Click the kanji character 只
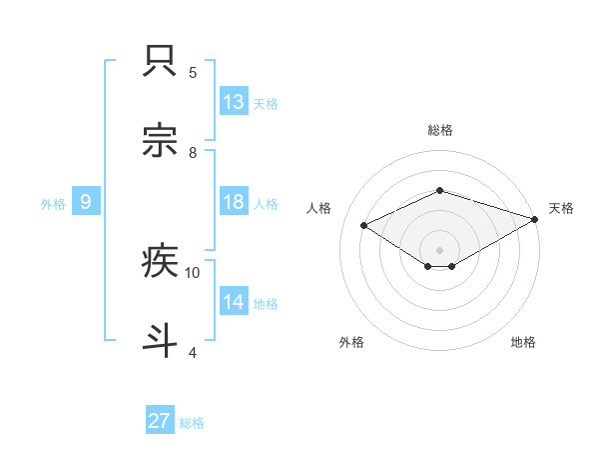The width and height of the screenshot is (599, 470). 161,62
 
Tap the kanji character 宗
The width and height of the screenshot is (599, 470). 161,142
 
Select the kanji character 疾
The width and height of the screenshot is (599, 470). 161,262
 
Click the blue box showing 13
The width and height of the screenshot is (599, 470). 234,102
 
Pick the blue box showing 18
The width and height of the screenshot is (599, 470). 234,202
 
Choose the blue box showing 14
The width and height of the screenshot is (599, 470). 234,302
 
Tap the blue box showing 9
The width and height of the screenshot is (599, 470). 86,202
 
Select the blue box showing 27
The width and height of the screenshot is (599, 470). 160,421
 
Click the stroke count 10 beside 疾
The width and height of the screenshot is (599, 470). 193,272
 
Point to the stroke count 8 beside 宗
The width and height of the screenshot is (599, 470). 193,152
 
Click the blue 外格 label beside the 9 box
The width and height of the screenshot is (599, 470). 53,203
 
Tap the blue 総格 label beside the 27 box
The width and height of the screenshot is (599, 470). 192,423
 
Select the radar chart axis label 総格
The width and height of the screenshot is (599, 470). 439,130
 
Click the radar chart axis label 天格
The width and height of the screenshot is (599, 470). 562,208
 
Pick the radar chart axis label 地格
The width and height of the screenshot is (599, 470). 523,342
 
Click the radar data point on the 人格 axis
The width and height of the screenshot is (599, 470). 364,225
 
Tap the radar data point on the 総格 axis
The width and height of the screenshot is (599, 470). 439,190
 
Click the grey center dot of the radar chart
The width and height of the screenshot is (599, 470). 439,249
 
